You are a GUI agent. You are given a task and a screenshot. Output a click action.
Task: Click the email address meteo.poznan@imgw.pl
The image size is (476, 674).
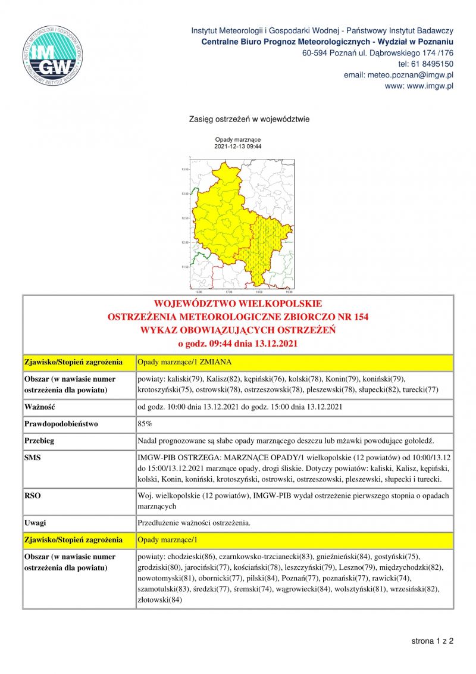(399, 75)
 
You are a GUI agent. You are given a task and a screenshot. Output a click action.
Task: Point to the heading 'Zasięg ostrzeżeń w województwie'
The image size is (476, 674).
(249, 119)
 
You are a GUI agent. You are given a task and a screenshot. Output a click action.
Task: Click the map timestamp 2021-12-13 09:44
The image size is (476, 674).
(238, 146)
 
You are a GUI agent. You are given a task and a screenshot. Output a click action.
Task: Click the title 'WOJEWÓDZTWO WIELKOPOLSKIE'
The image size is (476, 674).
(238, 304)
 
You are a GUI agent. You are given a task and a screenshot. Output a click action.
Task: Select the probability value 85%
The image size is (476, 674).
(145, 424)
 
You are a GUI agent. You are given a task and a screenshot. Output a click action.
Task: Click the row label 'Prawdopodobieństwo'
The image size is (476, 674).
(61, 424)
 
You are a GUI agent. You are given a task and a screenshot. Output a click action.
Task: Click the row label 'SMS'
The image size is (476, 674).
(33, 457)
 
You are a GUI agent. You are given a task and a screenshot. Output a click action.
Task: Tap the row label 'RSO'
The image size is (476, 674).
(32, 495)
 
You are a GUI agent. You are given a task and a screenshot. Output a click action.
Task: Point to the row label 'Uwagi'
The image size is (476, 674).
(36, 523)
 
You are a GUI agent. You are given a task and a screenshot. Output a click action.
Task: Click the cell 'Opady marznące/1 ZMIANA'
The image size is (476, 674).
(179, 361)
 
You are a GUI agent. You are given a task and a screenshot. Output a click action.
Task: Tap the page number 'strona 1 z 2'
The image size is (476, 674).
(432, 641)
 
